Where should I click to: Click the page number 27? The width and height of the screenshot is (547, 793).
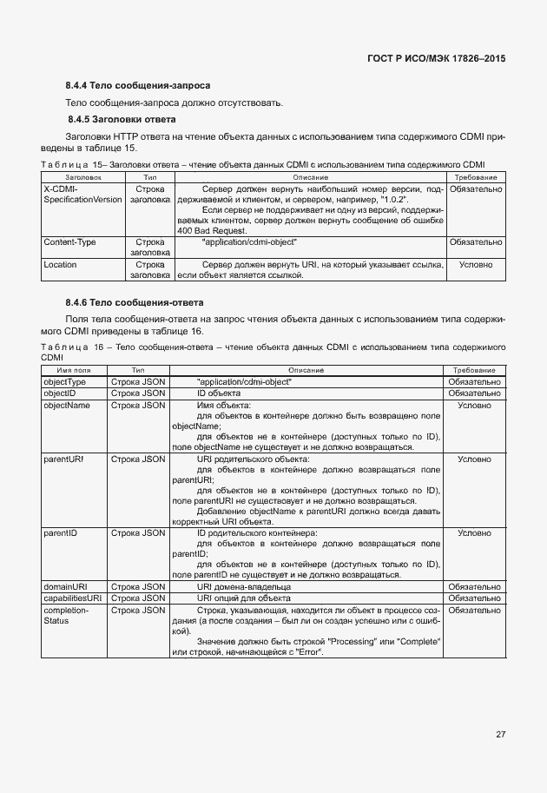(x=500, y=734)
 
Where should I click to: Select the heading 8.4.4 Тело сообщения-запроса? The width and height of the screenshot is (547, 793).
(x=138, y=86)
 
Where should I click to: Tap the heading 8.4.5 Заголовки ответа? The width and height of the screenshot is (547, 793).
(x=122, y=119)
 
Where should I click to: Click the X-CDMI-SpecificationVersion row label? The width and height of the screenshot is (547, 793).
(x=82, y=194)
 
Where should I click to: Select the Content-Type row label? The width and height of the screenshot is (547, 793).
(x=69, y=242)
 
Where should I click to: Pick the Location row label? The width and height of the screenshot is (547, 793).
(x=60, y=264)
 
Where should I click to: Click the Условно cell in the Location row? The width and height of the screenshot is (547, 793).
(x=475, y=264)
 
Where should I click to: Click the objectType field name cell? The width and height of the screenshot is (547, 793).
(x=65, y=381)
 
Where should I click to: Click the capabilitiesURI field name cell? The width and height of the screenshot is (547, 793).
(x=72, y=598)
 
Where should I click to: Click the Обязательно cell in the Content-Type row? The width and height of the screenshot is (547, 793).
(x=475, y=242)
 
